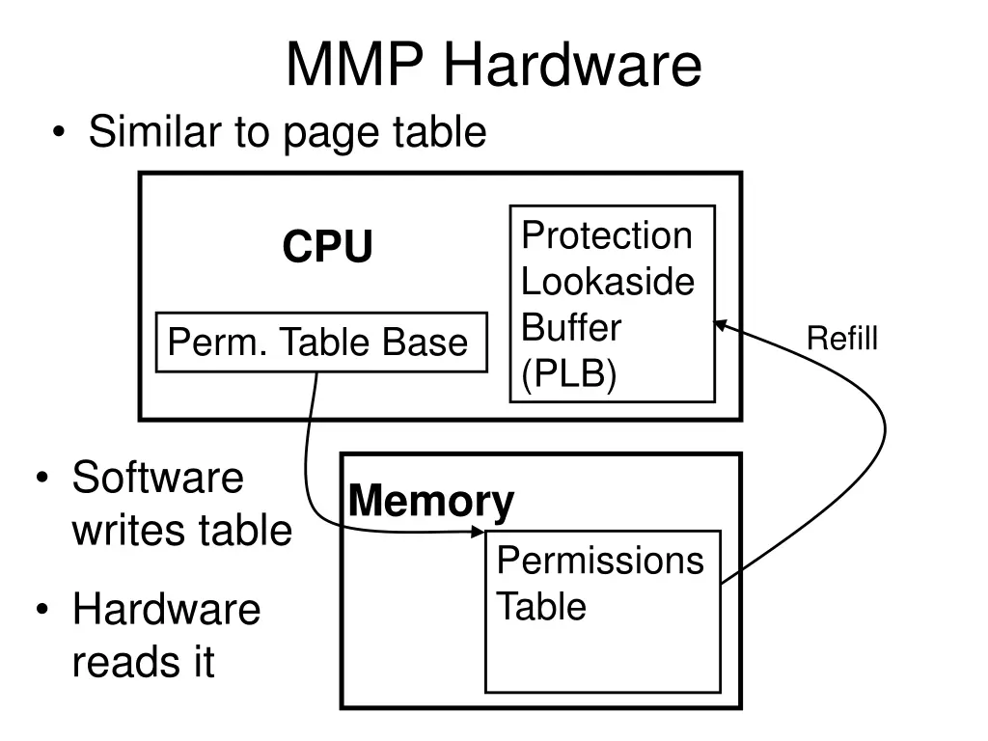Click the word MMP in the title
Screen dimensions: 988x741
(x=356, y=66)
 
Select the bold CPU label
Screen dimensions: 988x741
(x=327, y=248)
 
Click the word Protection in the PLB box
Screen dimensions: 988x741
(x=607, y=236)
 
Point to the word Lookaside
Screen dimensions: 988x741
(x=608, y=283)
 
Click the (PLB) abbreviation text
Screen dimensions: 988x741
(x=568, y=375)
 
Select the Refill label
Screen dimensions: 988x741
(x=842, y=339)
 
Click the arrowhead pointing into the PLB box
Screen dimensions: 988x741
(x=720, y=326)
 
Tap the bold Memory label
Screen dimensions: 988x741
(x=430, y=502)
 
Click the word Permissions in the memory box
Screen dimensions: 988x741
(x=600, y=561)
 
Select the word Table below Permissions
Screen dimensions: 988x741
(x=541, y=607)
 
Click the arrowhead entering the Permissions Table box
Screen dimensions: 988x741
(x=480, y=530)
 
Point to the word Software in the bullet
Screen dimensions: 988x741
(x=158, y=477)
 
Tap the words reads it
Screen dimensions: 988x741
(x=143, y=663)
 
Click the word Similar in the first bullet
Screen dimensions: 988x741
(x=154, y=132)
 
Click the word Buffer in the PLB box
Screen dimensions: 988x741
(x=571, y=328)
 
